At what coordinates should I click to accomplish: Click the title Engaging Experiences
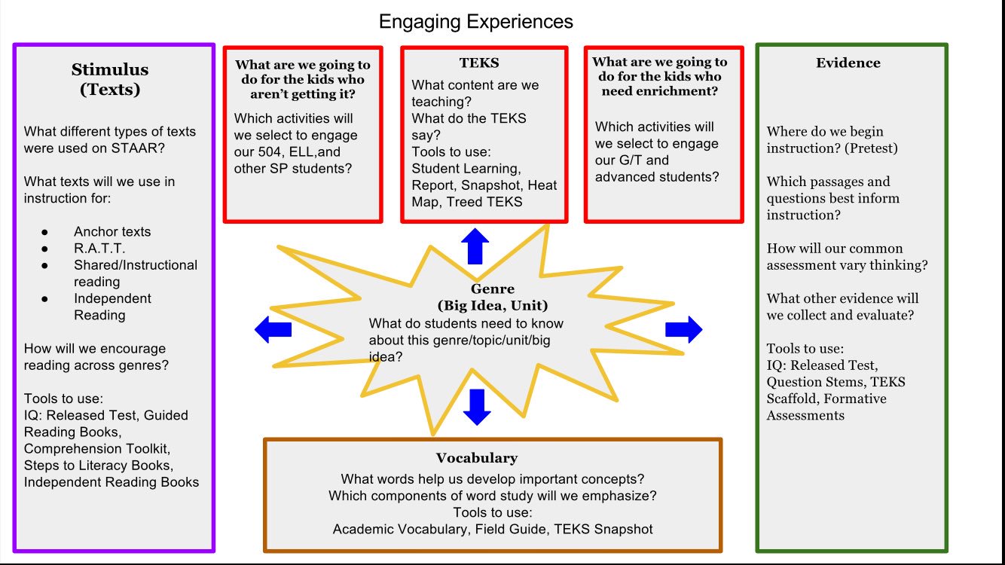[475, 21]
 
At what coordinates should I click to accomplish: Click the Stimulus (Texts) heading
[110, 79]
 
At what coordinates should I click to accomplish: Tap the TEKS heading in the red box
[478, 63]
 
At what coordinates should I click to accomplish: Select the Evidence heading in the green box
[848, 63]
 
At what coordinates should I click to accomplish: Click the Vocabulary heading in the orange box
[476, 458]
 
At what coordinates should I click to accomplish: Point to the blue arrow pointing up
[475, 246]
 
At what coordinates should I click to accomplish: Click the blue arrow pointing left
[273, 329]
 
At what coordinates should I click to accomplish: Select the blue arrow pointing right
[683, 329]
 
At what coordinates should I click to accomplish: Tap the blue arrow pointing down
[477, 406]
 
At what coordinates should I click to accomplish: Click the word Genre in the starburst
[493, 289]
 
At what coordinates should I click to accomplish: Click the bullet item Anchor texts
[112, 232]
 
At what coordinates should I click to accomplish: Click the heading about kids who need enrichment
[659, 76]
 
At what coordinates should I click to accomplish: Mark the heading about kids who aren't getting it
[302, 79]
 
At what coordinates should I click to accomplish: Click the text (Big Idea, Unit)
[493, 306]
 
